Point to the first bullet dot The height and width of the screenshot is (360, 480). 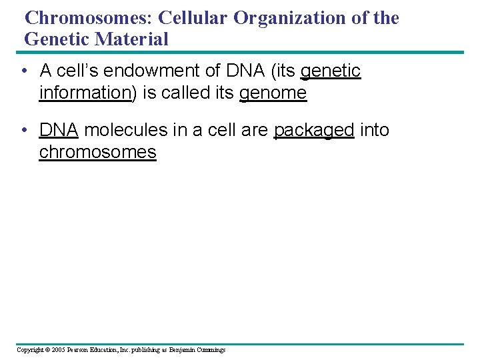coord(24,71)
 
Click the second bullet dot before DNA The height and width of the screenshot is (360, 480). coord(24,130)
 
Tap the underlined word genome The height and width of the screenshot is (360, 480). coord(273,93)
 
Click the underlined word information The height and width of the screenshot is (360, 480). coord(85,93)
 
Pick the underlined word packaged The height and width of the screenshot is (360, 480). coord(314,131)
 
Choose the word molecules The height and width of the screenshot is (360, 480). coord(126,130)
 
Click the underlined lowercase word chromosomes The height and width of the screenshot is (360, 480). coord(97,153)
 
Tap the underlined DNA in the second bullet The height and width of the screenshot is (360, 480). coord(59,130)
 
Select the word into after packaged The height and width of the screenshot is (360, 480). coord(375,130)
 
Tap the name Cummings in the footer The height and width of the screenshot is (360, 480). coord(210,350)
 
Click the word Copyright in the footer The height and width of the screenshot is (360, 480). coord(31,350)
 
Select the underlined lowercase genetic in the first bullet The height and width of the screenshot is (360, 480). coord(331,71)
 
